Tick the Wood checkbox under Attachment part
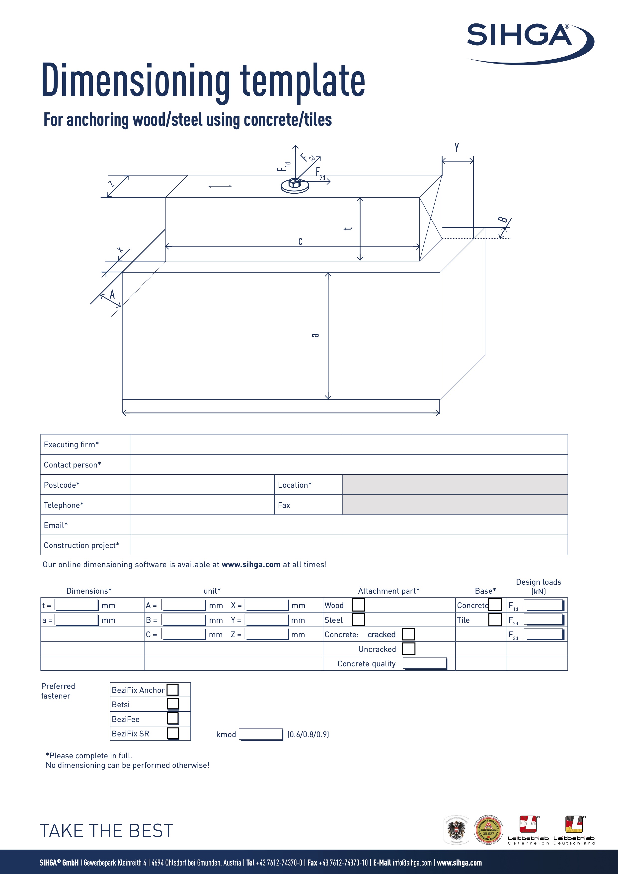tap(358, 605)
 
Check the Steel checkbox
tap(358, 619)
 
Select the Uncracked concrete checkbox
tap(408, 649)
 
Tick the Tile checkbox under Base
tap(495, 619)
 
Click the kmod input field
tap(261, 734)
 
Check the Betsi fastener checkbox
tap(173, 704)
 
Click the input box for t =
tap(76, 605)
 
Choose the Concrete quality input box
tap(425, 663)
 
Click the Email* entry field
tap(349, 525)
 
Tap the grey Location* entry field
tap(455, 484)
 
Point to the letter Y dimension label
tap(457, 148)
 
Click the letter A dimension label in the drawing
tap(112, 294)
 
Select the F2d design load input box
tap(543, 619)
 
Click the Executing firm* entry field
tap(349, 444)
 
